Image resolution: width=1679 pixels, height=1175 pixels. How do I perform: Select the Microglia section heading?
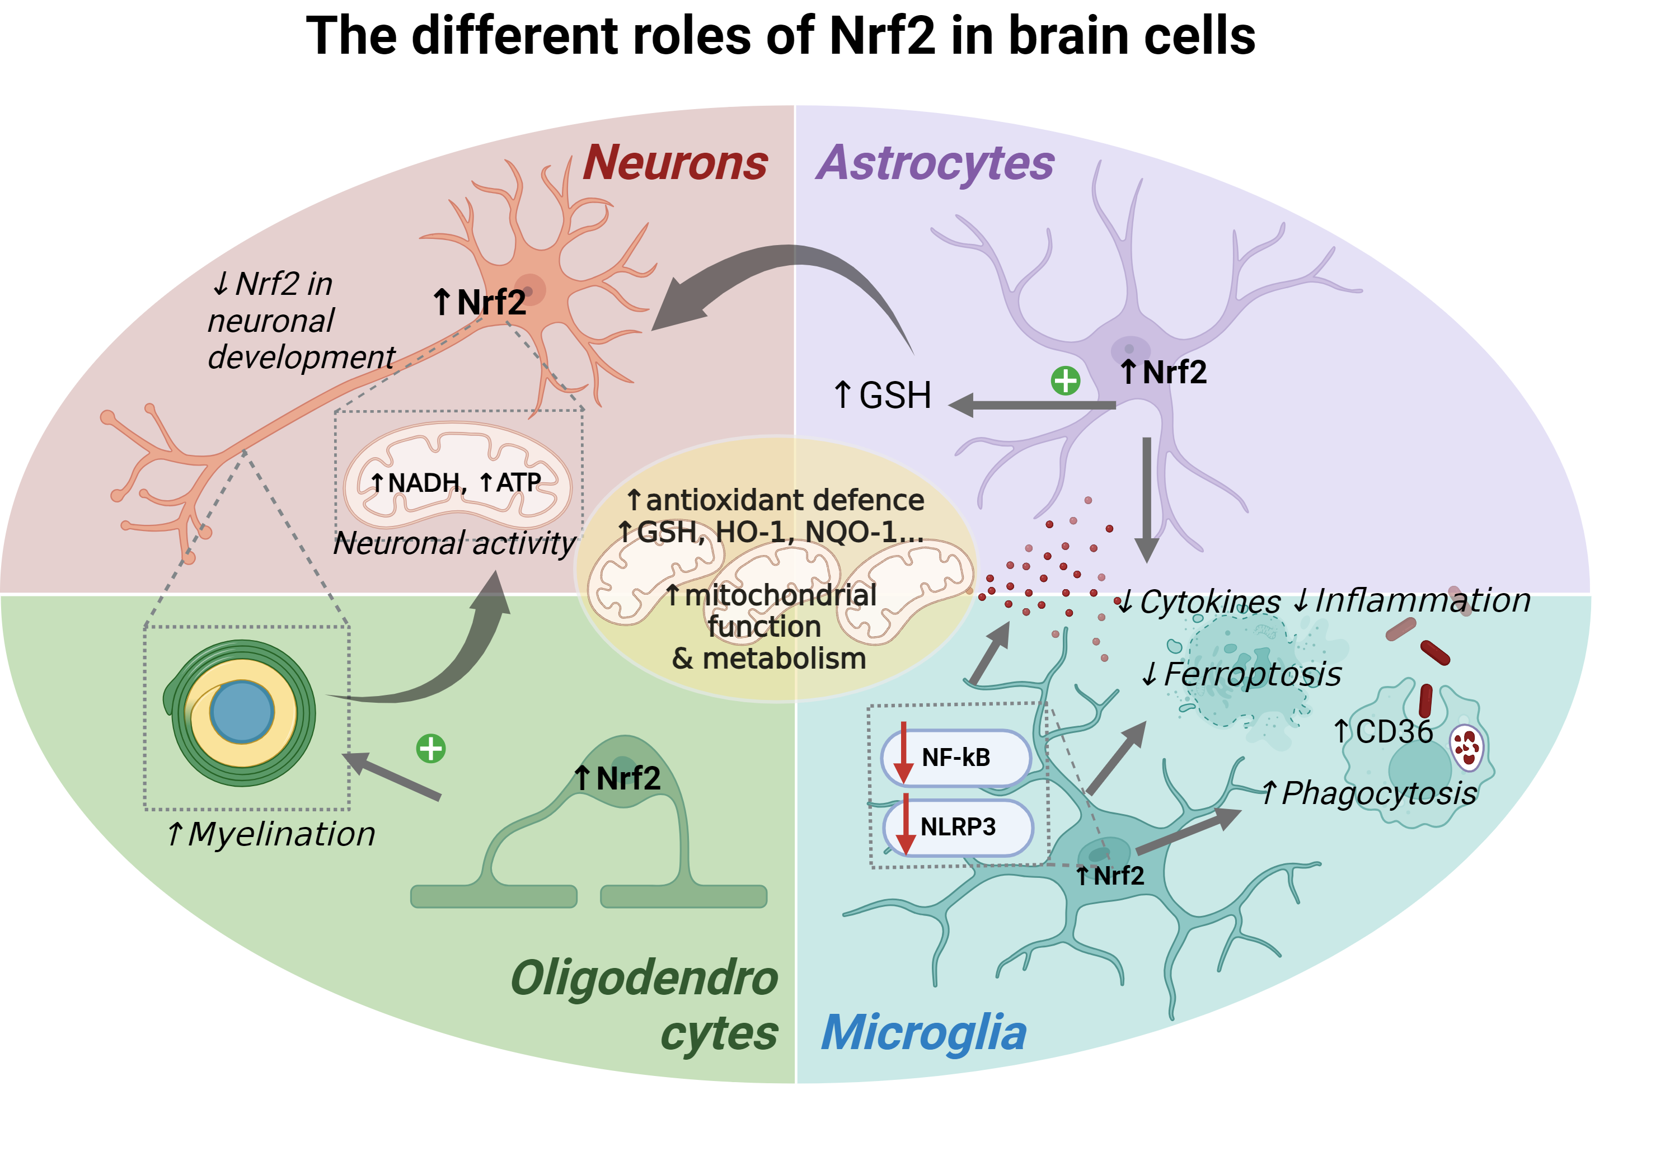(x=923, y=1032)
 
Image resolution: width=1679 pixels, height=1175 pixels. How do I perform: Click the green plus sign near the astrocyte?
(x=1064, y=380)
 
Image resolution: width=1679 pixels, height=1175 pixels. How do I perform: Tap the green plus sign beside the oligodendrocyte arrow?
(x=431, y=749)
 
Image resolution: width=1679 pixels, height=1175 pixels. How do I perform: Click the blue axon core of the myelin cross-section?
(x=242, y=711)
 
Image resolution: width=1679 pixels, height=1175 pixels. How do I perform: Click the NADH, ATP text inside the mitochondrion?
(x=456, y=482)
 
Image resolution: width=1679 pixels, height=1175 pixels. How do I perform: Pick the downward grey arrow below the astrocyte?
(x=1146, y=497)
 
